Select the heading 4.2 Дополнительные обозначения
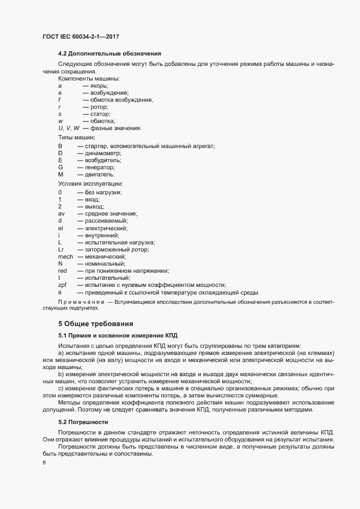109,54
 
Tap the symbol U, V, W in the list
69,128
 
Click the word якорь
99,86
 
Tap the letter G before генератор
60,168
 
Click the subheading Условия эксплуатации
90,185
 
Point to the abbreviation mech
65,256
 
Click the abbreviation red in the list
62,271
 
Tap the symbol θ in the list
60,292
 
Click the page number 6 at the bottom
44,463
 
